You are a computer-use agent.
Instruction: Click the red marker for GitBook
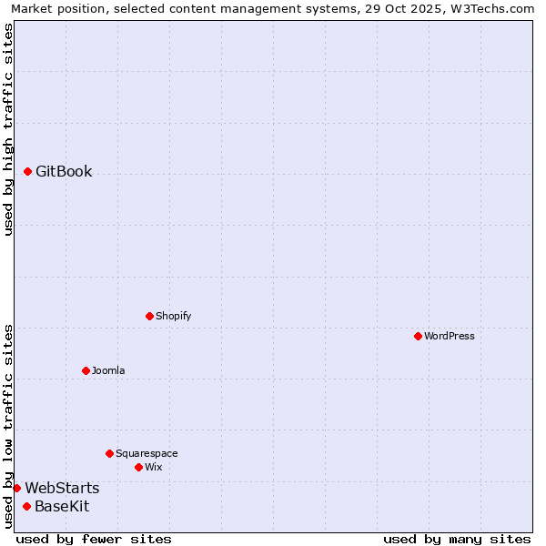pos(27,171)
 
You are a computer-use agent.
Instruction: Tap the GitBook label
pos(64,171)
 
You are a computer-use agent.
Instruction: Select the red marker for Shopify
pos(149,316)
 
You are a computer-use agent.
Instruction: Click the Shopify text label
pos(173,316)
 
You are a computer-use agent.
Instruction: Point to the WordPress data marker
pos(418,336)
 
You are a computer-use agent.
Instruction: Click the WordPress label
pos(449,336)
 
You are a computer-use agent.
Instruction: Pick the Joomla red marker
pos(86,370)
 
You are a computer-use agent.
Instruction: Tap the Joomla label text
pos(108,370)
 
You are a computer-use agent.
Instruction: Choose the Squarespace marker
pos(109,453)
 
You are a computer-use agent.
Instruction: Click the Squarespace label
pos(147,453)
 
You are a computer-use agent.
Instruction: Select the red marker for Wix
pos(138,467)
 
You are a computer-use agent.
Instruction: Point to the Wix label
pos(153,467)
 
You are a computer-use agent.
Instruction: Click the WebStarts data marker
pos(16,488)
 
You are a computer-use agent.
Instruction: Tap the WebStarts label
pos(62,489)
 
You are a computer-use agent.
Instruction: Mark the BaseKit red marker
pos(26,506)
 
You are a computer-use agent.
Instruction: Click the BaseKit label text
pos(62,506)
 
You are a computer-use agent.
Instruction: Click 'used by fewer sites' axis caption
pos(94,539)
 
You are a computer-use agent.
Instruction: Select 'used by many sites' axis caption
pos(457,539)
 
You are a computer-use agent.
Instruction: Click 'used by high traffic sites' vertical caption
pos(9,129)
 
